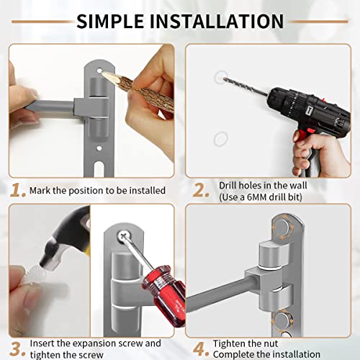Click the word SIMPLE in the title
coord(110,22)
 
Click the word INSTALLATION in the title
coord(217,22)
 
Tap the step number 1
coord(18,191)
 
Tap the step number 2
coord(201,191)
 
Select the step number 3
coord(17,349)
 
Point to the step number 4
coord(201,349)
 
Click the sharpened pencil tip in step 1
coord(104,73)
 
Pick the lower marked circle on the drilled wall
coord(220,139)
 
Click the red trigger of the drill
coord(310,131)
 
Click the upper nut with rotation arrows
coord(282,228)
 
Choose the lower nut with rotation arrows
coord(282,320)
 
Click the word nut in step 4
coord(271,343)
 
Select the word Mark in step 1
coord(40,191)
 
